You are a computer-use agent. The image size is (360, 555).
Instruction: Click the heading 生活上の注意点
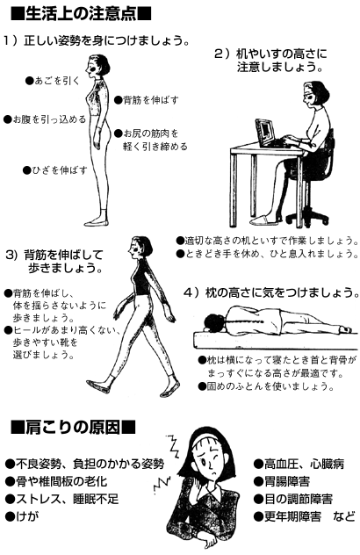(x=81, y=15)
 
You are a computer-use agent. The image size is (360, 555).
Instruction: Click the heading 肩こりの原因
(x=73, y=427)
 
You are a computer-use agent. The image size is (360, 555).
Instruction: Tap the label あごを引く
(x=57, y=81)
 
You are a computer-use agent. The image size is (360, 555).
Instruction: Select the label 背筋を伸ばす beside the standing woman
(x=150, y=100)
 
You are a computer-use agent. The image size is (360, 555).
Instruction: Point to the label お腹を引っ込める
(x=49, y=119)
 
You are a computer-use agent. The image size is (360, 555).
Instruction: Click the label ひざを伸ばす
(x=60, y=170)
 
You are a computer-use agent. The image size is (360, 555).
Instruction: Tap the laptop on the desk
(x=270, y=133)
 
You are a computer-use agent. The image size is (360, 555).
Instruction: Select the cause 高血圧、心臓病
(x=304, y=464)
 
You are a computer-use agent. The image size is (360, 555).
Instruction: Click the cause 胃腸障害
(x=287, y=481)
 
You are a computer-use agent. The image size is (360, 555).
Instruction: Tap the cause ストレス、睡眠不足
(x=68, y=499)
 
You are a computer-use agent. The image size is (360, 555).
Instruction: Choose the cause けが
(x=27, y=516)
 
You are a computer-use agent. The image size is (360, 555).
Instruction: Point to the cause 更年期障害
(x=292, y=516)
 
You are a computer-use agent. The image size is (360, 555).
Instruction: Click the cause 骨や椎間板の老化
(x=61, y=481)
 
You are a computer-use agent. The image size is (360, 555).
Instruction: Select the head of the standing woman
(x=98, y=65)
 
